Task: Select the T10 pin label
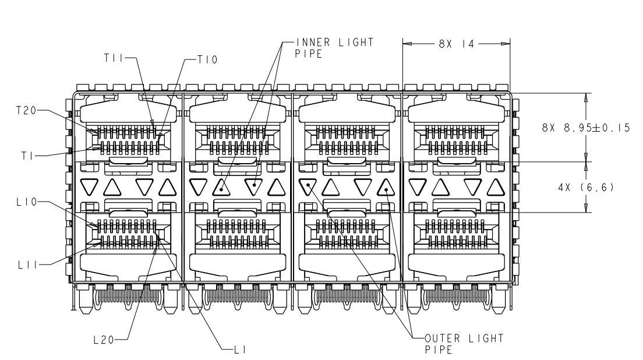pos(207,60)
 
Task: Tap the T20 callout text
pos(27,110)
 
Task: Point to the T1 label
pos(27,156)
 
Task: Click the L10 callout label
pos(27,202)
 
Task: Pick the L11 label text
pos(28,265)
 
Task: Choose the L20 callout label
pos(104,340)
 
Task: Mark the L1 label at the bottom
pos(240,350)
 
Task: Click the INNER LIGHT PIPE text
pos(334,48)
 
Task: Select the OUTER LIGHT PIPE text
pos(464,344)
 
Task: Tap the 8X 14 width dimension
pos(457,44)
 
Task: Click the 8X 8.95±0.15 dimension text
pos(585,128)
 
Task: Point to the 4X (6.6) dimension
pos(586,188)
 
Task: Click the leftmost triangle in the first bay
pos(89,186)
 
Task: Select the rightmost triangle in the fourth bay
pos(496,188)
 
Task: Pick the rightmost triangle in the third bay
pos(386,188)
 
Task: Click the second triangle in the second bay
pos(221,188)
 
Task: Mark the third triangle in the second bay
pos(254,186)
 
